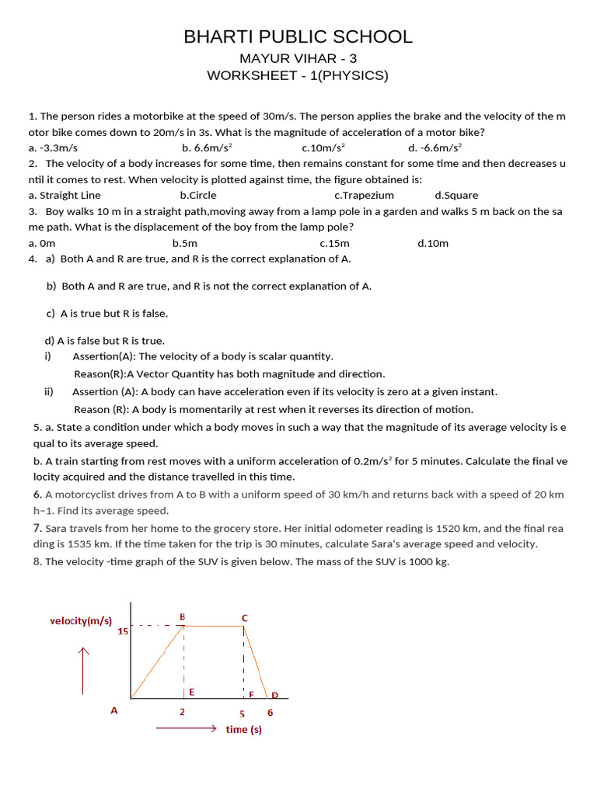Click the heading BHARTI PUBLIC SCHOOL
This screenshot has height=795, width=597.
click(x=298, y=36)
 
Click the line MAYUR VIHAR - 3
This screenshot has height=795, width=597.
click(x=298, y=59)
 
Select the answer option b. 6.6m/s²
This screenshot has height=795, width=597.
click(x=208, y=148)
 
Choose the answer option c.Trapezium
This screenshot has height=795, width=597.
click(x=364, y=196)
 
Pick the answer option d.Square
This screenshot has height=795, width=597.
click(x=456, y=196)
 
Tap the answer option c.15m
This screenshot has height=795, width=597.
click(x=334, y=243)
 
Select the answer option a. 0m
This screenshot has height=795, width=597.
click(x=42, y=243)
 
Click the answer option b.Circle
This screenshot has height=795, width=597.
click(x=198, y=196)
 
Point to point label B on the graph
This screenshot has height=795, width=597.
click(x=183, y=616)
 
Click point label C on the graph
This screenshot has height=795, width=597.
click(x=244, y=617)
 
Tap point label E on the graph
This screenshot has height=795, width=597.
click(x=191, y=691)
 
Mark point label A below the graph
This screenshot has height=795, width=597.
click(x=114, y=710)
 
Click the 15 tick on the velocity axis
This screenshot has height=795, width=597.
click(x=123, y=631)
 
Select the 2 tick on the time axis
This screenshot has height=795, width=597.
click(x=182, y=712)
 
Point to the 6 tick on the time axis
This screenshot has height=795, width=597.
click(x=270, y=712)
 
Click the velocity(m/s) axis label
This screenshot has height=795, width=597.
click(x=81, y=621)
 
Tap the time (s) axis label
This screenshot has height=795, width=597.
click(x=243, y=730)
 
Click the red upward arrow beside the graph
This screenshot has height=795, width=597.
click(x=83, y=669)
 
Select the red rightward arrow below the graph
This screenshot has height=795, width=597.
click(x=186, y=729)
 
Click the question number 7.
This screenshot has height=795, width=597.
click(x=37, y=528)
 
